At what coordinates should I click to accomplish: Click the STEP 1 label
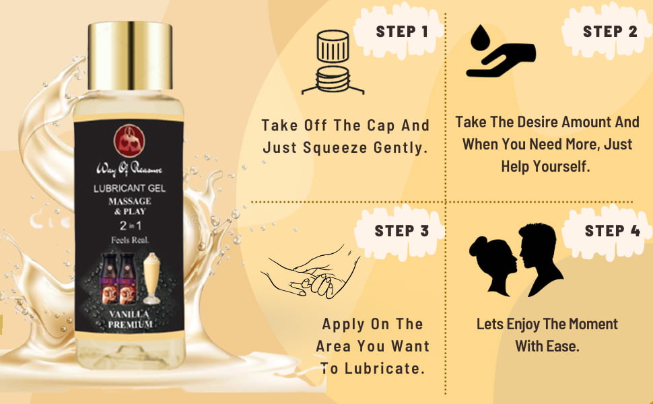tap(402, 32)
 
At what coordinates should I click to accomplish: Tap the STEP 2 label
tap(610, 32)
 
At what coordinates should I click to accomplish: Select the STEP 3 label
tap(401, 231)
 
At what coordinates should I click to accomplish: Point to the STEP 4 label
tap(612, 231)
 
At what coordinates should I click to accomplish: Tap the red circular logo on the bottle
tap(127, 138)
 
